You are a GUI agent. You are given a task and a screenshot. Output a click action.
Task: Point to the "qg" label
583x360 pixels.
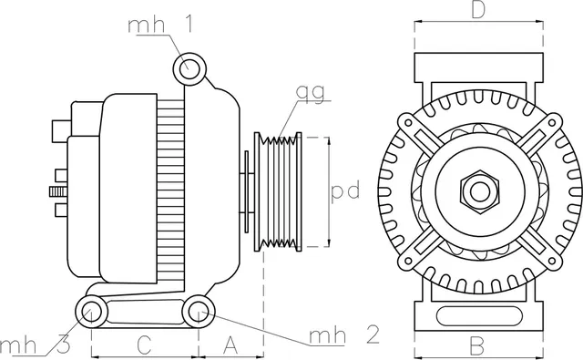click(x=310, y=93)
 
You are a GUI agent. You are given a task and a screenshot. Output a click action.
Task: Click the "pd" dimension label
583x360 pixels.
click(x=344, y=191)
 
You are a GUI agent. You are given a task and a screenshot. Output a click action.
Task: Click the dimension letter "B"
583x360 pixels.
click(x=476, y=345)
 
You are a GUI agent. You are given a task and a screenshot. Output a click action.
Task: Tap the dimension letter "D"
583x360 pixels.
click(x=476, y=12)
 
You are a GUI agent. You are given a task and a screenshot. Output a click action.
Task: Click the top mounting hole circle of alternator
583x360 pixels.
click(x=189, y=67)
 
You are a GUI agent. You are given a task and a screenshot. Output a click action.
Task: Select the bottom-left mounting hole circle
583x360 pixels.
click(x=91, y=312)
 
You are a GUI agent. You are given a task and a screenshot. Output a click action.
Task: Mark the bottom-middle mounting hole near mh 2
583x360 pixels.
click(x=198, y=312)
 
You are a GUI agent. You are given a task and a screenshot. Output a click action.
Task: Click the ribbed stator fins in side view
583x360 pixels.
click(x=171, y=187)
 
